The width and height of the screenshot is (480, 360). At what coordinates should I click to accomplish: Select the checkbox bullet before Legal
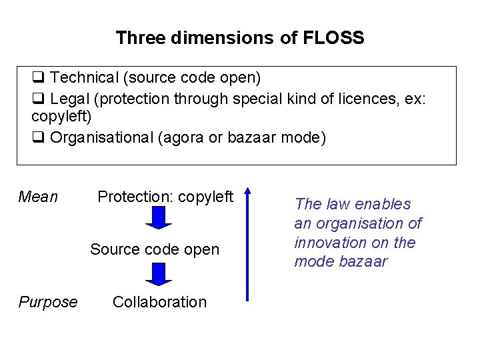[x=38, y=99]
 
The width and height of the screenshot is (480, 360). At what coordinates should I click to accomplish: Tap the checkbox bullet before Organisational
[x=38, y=138]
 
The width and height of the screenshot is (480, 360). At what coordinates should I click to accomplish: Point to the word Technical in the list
[x=84, y=78]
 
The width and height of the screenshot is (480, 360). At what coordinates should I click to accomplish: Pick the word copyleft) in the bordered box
[x=61, y=117]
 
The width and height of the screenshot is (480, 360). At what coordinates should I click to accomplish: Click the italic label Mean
[x=38, y=197]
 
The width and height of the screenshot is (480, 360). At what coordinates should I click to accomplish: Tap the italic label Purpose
[x=48, y=302]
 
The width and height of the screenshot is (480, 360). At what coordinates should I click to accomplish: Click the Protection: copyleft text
[x=165, y=197]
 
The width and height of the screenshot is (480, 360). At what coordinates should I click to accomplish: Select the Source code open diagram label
[x=155, y=249]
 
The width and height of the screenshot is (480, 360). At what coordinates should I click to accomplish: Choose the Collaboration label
[x=159, y=302]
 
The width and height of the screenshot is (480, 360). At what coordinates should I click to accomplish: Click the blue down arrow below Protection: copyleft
[x=159, y=218]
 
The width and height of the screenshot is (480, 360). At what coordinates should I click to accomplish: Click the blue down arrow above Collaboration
[x=159, y=274]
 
